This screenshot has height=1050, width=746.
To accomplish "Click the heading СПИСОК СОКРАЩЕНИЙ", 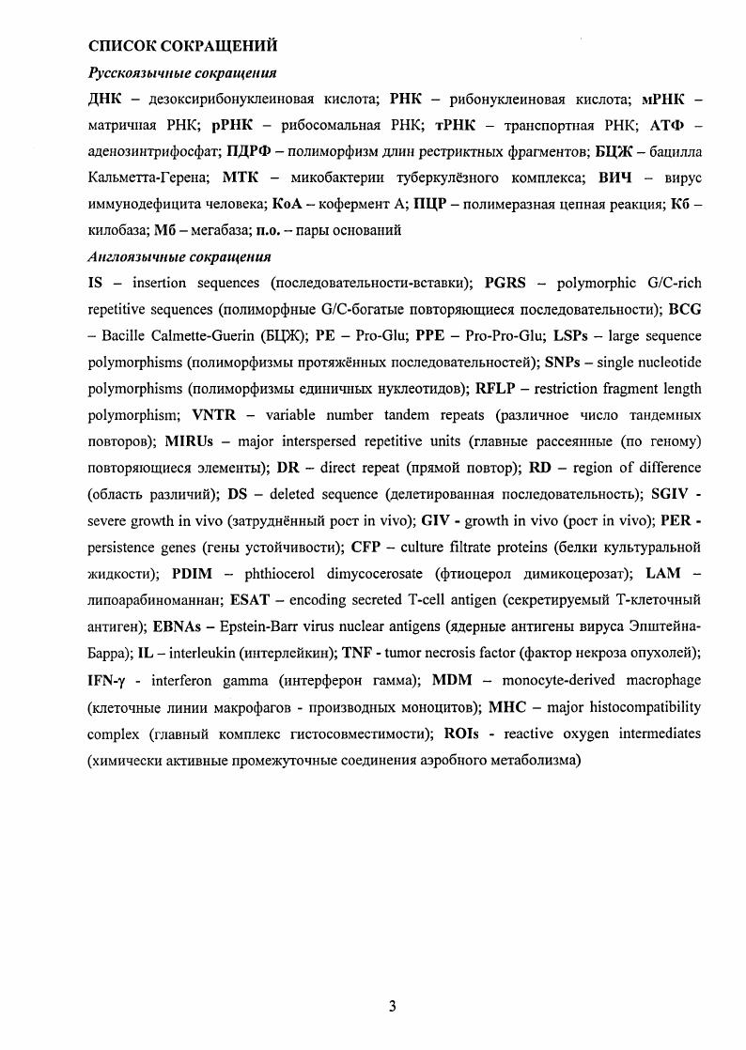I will pyautogui.click(x=182, y=45).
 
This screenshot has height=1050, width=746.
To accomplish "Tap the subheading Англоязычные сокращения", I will pyautogui.click(x=179, y=256).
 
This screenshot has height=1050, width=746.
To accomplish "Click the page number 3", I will pyautogui.click(x=393, y=1007).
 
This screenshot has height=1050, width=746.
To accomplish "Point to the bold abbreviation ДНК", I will pyautogui.click(x=105, y=99).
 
